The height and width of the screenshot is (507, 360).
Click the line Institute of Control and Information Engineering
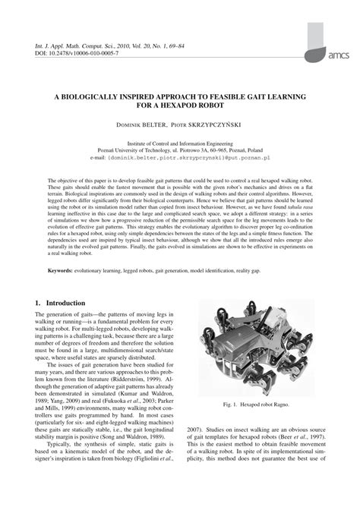[x=179, y=142]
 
